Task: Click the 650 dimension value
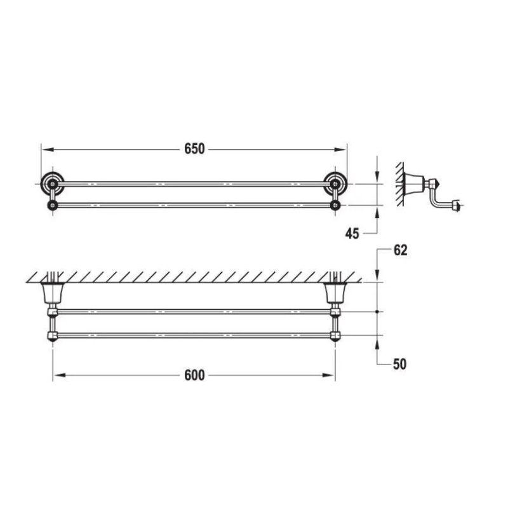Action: click(194, 149)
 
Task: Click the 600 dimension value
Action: click(194, 375)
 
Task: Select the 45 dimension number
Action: click(352, 233)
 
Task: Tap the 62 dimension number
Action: click(401, 250)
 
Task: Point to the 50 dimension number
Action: click(399, 364)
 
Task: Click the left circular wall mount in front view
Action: click(52, 184)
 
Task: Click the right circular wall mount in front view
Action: click(335, 184)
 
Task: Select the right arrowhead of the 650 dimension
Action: click(340, 149)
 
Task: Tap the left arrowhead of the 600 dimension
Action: click(60, 375)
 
